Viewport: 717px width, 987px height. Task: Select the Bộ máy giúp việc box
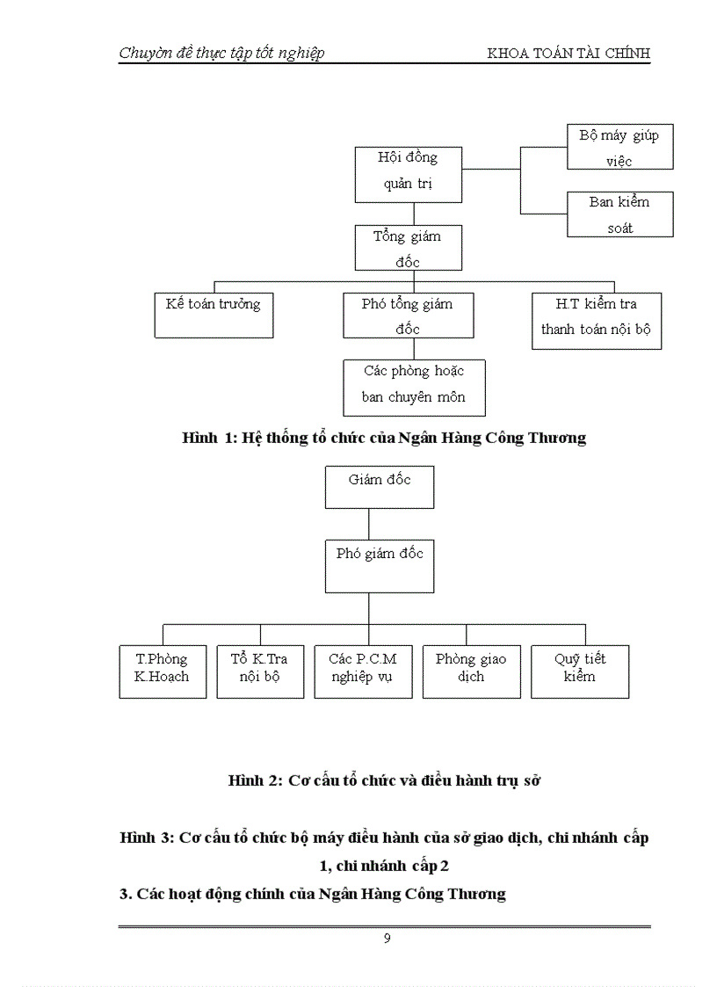pos(619,147)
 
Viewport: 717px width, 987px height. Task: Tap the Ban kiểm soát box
pos(619,214)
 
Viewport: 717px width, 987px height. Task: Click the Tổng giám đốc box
pos(408,248)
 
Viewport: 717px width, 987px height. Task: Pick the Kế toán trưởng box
pos(214,316)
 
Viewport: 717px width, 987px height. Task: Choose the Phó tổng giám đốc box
pos(408,316)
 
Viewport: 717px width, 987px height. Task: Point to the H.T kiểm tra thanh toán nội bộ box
pos(597,321)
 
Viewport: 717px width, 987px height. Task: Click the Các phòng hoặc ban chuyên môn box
pos(414,387)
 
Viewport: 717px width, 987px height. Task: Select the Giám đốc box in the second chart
pos(379,488)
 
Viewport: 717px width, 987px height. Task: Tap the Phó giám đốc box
pos(379,566)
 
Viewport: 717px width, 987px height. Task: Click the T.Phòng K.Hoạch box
pos(162,671)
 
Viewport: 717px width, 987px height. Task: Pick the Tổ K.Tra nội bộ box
pos(259,671)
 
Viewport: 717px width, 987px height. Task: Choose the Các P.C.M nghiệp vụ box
pos(363,671)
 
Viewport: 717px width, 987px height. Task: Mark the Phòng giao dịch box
pos(471,671)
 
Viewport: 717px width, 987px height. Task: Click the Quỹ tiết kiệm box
pos(580,671)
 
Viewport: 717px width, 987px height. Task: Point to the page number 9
pos(387,939)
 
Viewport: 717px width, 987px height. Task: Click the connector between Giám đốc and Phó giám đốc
pos(369,524)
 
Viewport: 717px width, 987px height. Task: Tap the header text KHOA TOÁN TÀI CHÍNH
pos(569,54)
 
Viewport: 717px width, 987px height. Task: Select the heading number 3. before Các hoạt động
pos(126,894)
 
